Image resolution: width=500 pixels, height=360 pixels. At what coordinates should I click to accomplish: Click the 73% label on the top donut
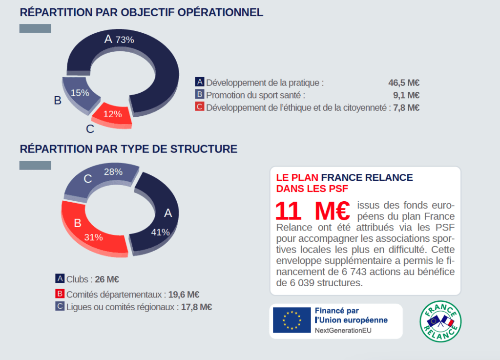[125, 40]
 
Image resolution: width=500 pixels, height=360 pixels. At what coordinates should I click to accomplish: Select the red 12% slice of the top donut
[113, 114]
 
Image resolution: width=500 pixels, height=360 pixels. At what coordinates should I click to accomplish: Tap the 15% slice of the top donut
[80, 93]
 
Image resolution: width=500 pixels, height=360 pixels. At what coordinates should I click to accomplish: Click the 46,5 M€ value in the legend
[404, 83]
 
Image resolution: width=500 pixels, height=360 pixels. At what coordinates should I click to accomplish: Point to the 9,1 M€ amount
[406, 95]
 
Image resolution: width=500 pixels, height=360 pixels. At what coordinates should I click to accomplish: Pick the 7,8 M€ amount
[406, 107]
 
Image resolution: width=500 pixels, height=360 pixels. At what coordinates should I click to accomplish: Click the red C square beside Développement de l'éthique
[199, 106]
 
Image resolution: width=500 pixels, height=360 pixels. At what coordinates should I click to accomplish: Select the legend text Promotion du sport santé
[255, 95]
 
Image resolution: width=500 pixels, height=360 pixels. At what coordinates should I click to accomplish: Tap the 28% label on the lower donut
[113, 172]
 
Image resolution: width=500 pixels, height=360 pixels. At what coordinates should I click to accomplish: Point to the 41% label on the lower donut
[160, 232]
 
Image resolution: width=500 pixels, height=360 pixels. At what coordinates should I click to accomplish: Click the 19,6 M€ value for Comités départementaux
[184, 295]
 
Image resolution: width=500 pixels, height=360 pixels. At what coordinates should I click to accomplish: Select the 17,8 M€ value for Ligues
[196, 307]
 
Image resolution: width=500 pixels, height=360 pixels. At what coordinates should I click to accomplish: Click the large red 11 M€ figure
[312, 211]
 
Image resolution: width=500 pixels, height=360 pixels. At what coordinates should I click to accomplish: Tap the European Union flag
[292, 320]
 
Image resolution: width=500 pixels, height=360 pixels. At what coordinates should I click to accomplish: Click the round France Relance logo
[440, 321]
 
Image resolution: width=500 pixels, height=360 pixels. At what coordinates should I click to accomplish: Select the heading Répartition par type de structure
[128, 148]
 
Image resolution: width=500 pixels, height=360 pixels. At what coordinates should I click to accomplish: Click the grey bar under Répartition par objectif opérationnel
[35, 28]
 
